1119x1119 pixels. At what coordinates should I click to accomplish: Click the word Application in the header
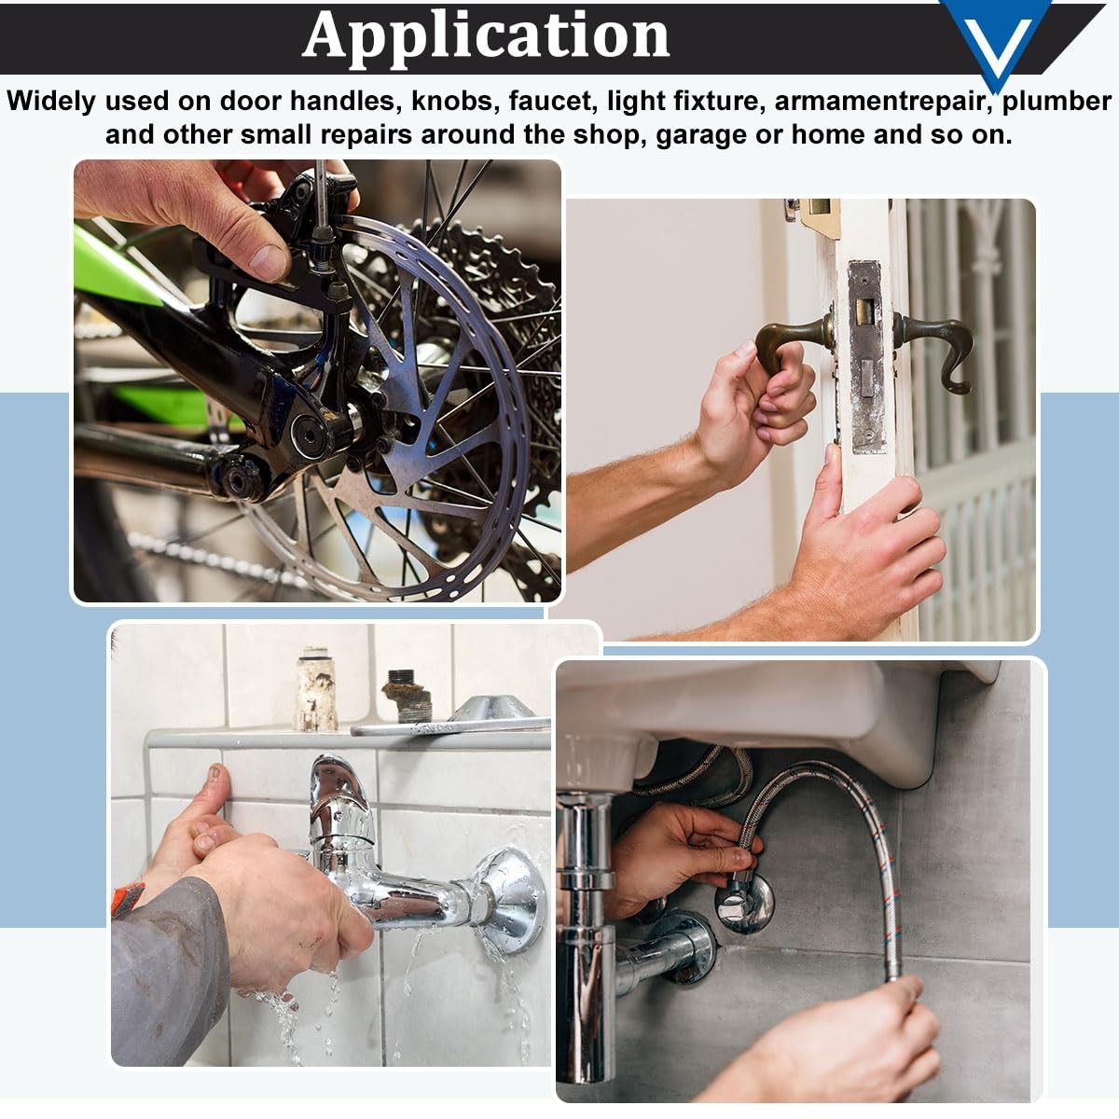coord(486,36)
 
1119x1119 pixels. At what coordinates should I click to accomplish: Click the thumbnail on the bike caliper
coord(269,262)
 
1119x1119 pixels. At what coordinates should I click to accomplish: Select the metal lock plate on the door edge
coord(866,355)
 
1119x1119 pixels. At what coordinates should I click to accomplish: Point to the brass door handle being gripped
coord(790,341)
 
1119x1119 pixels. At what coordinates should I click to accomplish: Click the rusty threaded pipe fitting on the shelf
coord(408,696)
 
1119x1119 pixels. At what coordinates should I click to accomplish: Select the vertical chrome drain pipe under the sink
coord(584,941)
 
